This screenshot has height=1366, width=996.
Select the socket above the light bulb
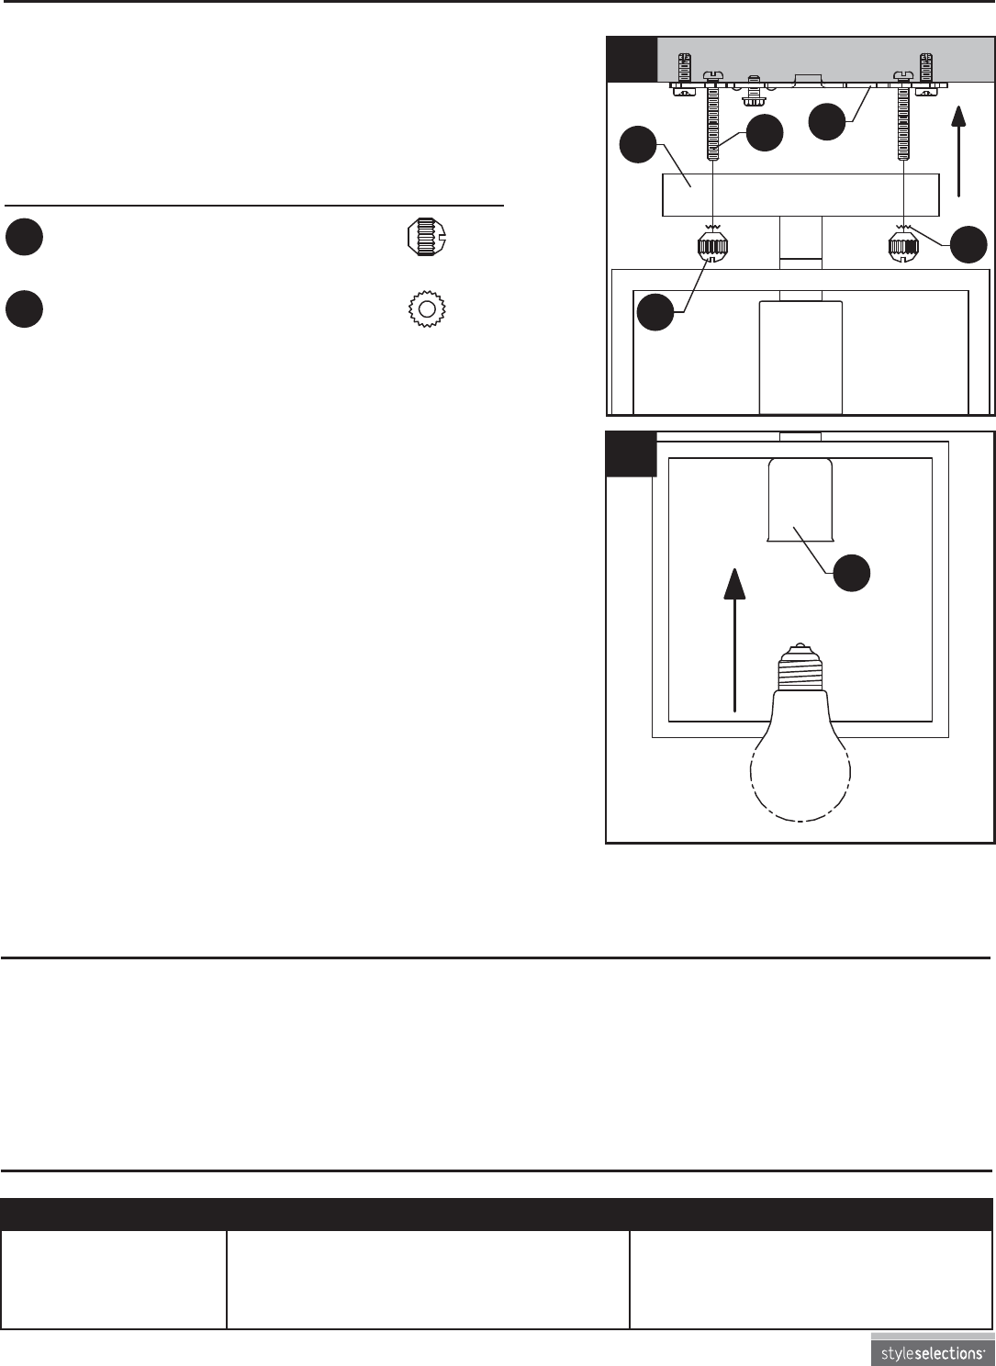[800, 501]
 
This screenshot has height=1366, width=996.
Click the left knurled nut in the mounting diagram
[713, 248]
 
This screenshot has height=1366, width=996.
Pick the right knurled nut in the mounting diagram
[903, 248]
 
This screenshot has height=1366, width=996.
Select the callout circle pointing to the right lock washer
[968, 244]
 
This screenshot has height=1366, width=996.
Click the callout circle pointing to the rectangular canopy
[637, 147]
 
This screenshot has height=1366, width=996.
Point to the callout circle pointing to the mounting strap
[826, 122]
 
